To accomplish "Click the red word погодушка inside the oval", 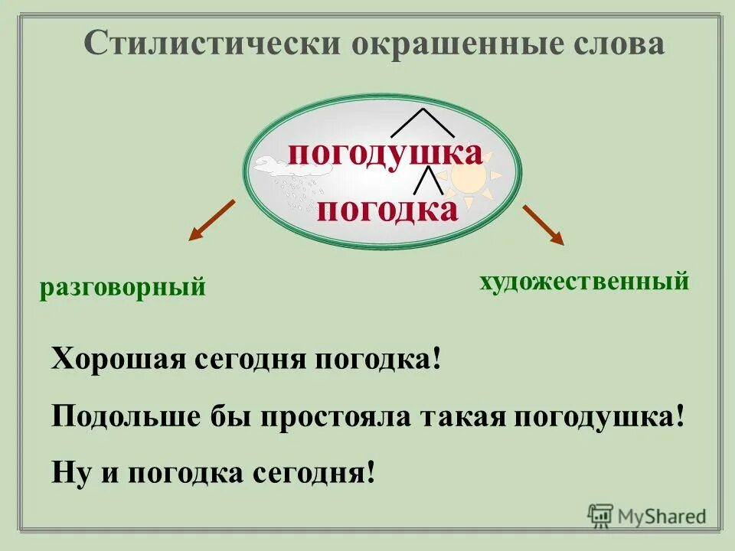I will (x=385, y=154).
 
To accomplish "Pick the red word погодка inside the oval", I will (x=387, y=208).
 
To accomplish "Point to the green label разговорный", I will (x=123, y=288).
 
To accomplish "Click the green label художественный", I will (x=585, y=281).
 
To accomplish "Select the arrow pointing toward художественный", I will (x=544, y=225).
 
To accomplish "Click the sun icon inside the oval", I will (x=469, y=181).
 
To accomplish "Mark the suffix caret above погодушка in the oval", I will (x=423, y=123).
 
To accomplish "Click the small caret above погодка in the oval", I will (x=428, y=180).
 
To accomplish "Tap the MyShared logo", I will (x=647, y=516).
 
